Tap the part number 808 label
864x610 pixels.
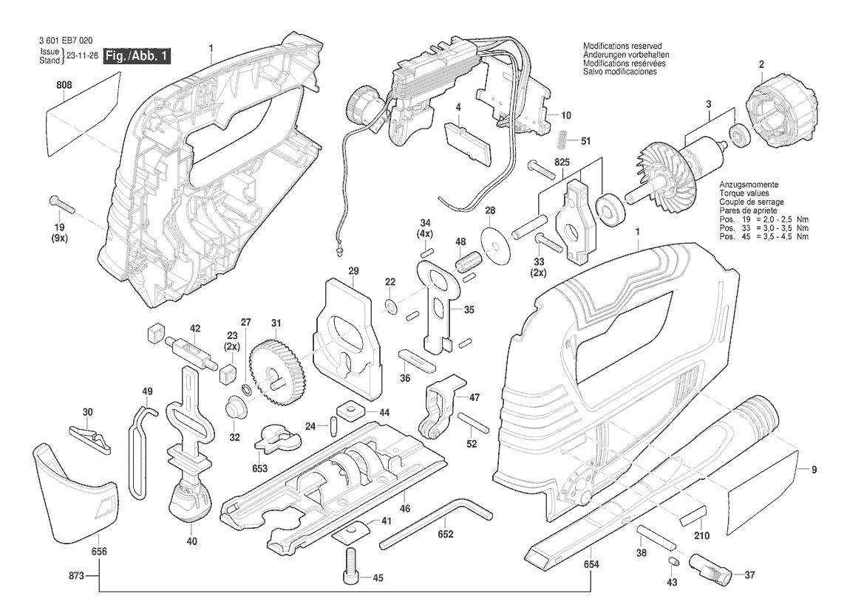(64, 85)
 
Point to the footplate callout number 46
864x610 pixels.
(405, 509)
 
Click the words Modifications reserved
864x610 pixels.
(622, 46)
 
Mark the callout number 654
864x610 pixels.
(591, 563)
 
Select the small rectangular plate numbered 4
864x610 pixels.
(467, 144)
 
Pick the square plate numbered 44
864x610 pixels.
(347, 410)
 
